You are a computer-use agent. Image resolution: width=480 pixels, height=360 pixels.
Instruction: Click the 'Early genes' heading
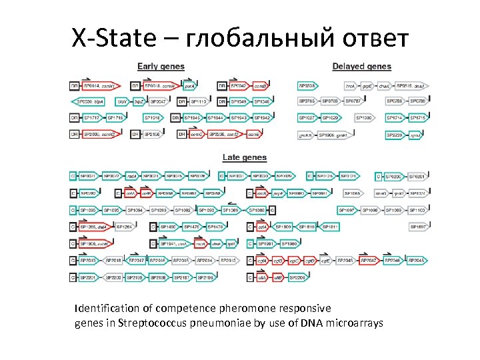coord(161,66)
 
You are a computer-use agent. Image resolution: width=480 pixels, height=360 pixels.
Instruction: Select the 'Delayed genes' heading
coord(361,66)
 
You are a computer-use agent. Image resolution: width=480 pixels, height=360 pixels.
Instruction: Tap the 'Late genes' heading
coord(244,157)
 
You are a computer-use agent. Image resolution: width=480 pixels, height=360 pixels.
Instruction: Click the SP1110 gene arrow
coord(199,101)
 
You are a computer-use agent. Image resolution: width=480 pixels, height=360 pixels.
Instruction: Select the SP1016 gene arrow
coord(153,117)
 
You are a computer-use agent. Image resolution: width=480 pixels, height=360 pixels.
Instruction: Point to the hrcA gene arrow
coord(350,86)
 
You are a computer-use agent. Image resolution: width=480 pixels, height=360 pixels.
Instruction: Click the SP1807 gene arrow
coord(418,227)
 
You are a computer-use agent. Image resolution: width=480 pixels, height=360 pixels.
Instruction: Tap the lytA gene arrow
coord(233,243)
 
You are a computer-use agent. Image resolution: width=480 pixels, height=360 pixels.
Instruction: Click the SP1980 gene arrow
coord(291,243)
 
